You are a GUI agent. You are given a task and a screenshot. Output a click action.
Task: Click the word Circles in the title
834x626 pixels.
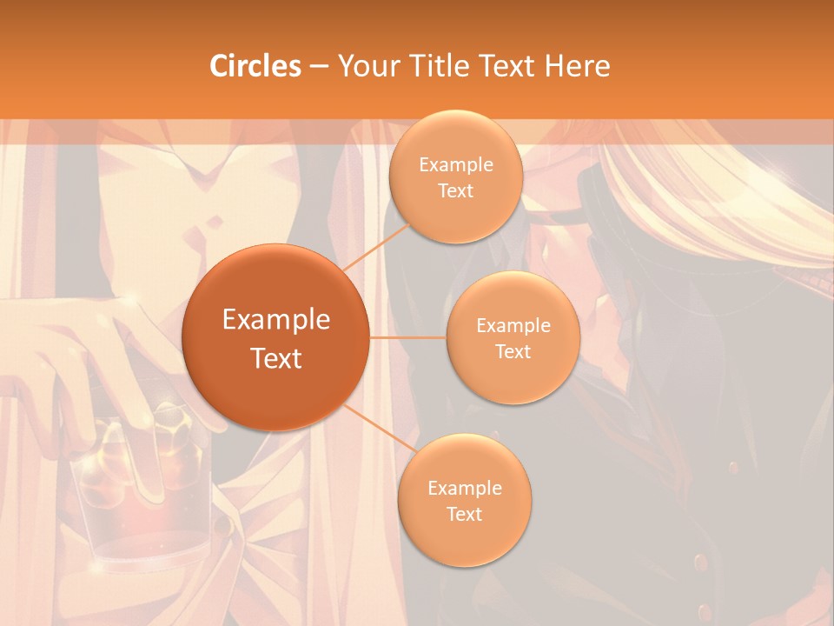(x=255, y=66)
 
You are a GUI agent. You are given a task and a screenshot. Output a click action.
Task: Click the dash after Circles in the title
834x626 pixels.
(x=319, y=67)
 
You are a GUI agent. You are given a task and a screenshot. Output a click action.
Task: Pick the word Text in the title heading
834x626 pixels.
(x=503, y=66)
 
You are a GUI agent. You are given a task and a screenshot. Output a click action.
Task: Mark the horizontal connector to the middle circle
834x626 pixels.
(x=407, y=337)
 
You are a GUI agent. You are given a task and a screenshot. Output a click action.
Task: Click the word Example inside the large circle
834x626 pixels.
(x=276, y=320)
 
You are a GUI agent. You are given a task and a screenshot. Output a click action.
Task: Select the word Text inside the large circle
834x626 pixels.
(x=276, y=358)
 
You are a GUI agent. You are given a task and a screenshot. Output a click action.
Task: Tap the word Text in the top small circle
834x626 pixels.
(x=455, y=191)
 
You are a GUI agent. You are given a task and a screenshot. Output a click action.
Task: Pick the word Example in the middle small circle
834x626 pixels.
(x=513, y=326)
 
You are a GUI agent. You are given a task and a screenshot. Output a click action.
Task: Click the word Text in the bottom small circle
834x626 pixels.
(x=464, y=514)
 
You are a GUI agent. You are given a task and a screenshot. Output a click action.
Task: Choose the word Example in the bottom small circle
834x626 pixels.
(x=465, y=489)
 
